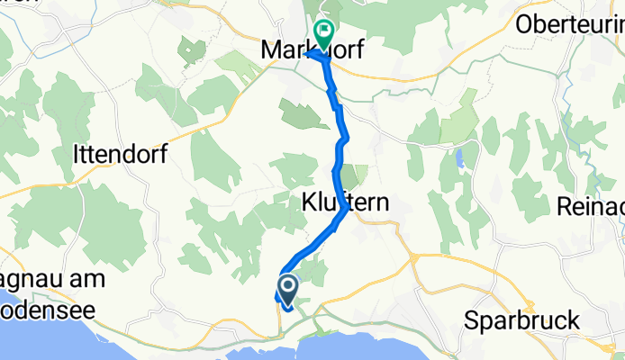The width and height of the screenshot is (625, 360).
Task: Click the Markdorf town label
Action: pos(312,50)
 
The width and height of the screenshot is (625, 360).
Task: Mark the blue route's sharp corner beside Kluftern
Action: pos(347,211)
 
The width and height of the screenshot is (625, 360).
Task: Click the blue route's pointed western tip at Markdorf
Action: pos(307,54)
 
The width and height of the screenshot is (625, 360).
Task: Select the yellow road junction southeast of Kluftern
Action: pos(416,259)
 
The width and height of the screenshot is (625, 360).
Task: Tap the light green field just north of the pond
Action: pos(459,121)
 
